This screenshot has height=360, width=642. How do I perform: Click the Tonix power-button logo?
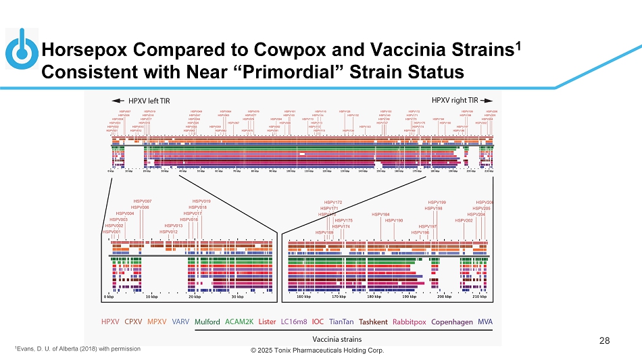point(22,48)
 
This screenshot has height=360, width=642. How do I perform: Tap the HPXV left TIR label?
point(145,101)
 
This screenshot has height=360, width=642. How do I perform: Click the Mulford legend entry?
point(207,322)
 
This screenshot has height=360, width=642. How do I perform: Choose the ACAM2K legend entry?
point(239,322)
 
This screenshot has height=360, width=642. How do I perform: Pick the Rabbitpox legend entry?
point(410,322)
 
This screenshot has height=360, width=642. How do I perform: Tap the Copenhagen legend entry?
point(452,322)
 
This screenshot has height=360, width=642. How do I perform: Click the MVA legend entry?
point(485,322)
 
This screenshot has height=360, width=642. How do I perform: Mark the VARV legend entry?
point(180,322)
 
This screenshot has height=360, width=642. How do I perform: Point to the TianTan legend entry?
point(341,322)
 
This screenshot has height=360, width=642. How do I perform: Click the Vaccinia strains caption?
point(337,338)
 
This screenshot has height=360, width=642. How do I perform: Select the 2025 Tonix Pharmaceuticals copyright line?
point(317,351)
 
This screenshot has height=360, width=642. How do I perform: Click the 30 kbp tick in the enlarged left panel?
point(237,297)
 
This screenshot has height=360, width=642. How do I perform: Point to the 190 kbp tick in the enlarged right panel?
point(409,297)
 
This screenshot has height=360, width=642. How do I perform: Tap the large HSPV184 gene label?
point(381,215)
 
